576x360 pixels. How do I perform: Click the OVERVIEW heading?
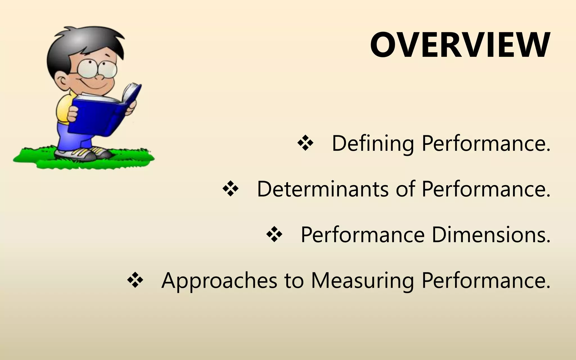pos(460,45)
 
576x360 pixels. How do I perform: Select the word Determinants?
pos(322,189)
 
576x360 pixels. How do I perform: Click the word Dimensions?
pos(491,235)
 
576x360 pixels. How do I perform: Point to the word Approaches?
pos(219,281)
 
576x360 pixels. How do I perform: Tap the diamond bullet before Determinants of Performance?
pos(230,189)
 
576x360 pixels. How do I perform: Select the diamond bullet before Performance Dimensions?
pos(274,235)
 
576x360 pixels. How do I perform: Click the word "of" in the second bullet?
pos(405,189)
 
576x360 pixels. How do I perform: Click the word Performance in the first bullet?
pos(486,143)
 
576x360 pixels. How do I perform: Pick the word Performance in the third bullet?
pos(363,235)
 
